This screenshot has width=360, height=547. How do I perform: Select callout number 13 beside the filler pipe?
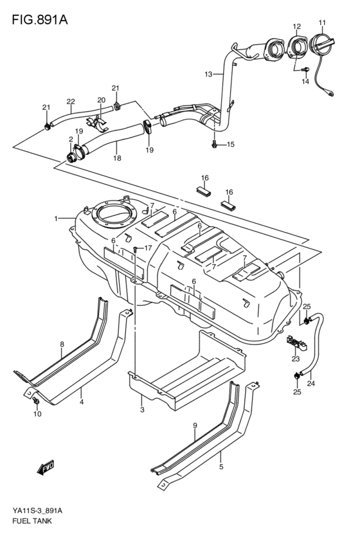[x=208, y=75]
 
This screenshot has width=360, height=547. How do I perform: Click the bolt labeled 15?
[x=214, y=145]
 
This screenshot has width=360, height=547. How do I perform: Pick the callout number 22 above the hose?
[x=70, y=101]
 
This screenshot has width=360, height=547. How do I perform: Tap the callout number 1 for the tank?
[x=55, y=219]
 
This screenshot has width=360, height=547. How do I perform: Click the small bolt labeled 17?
[x=135, y=248]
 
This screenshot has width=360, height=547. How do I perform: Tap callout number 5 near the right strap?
[x=221, y=467]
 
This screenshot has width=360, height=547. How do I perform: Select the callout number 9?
[x=195, y=425]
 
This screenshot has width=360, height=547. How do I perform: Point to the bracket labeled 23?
[x=294, y=342]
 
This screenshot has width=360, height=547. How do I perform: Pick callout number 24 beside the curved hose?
[x=311, y=384]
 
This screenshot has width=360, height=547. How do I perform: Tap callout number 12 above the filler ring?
[x=296, y=26]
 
